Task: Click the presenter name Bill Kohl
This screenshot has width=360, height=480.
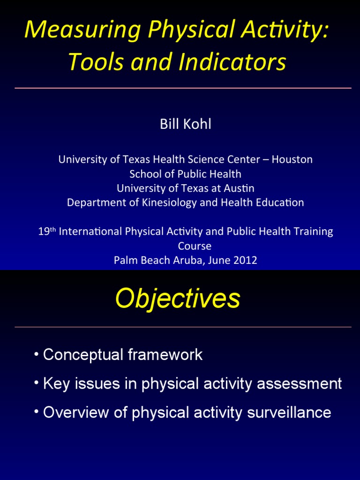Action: (x=185, y=124)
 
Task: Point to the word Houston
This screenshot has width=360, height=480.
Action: (x=292, y=159)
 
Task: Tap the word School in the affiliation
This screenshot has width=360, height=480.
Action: (x=144, y=174)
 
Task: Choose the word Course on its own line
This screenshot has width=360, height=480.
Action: (x=195, y=246)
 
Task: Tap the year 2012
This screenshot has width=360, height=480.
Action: (x=245, y=260)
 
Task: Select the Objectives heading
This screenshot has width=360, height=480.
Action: (x=178, y=298)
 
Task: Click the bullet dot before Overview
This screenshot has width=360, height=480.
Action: (x=37, y=411)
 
